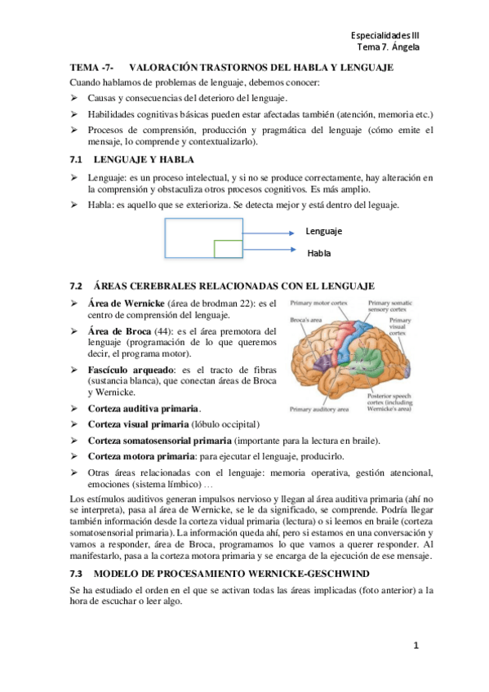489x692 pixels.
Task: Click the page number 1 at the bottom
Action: pyautogui.click(x=415, y=645)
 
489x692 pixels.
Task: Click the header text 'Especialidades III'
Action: pyautogui.click(x=385, y=36)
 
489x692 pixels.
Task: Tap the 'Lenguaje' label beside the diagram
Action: pyautogui.click(x=324, y=231)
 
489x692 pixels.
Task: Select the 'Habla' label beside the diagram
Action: pyautogui.click(x=319, y=253)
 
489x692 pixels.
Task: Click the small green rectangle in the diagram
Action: pyautogui.click(x=228, y=248)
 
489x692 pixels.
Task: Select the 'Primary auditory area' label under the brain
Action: pyautogui.click(x=319, y=408)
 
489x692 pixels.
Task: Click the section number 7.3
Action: pyautogui.click(x=79, y=573)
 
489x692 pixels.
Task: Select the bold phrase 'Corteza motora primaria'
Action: pyautogui.click(x=140, y=457)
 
